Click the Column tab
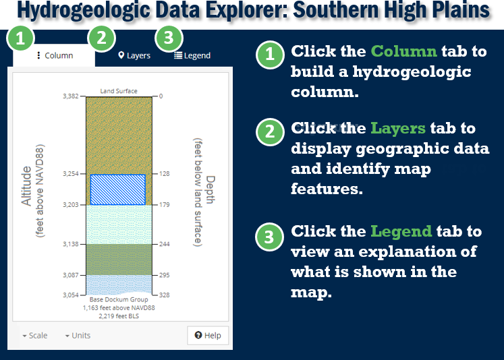click(55, 55)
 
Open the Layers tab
click(134, 55)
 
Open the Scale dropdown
click(34, 335)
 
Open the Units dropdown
click(78, 335)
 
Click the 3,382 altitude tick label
click(71, 96)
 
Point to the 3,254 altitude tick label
click(71, 173)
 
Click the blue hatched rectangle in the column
click(118, 189)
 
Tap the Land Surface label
click(119, 90)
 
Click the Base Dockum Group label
click(119, 299)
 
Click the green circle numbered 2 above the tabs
click(101, 39)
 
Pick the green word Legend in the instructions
click(401, 231)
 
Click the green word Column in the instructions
click(404, 52)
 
